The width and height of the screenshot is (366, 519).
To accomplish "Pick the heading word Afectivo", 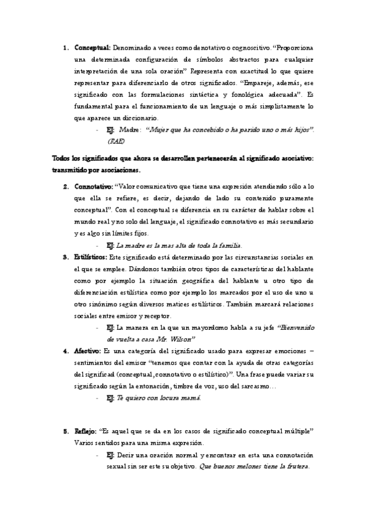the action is coord(88,351).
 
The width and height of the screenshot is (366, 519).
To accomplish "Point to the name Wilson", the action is coord(183,338).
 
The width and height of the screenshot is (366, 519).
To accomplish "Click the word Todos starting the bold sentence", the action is coord(62,158).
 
